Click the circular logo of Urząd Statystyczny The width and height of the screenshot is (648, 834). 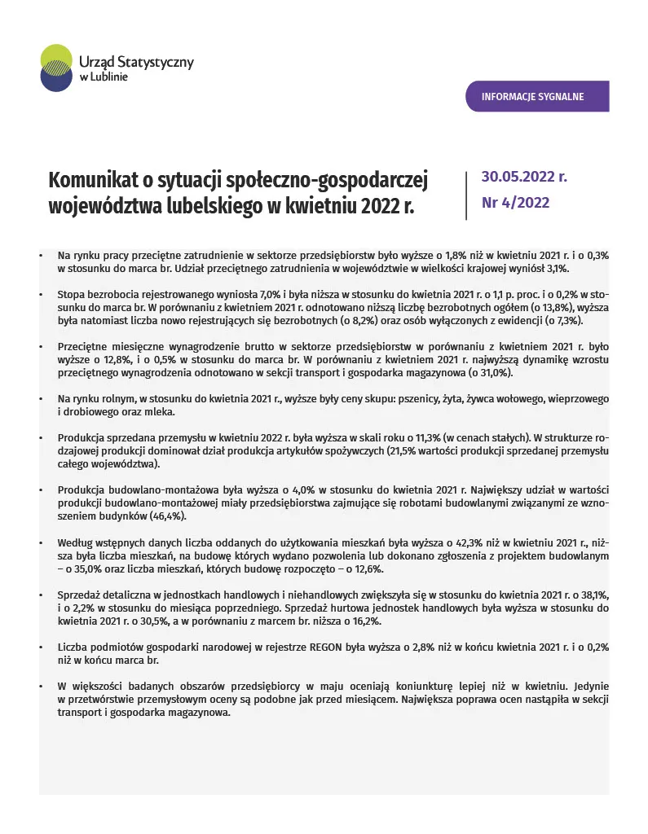55,68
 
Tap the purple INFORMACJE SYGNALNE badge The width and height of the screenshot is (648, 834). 537,97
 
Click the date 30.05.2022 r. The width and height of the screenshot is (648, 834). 524,177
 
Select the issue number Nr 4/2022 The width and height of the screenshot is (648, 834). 515,203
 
